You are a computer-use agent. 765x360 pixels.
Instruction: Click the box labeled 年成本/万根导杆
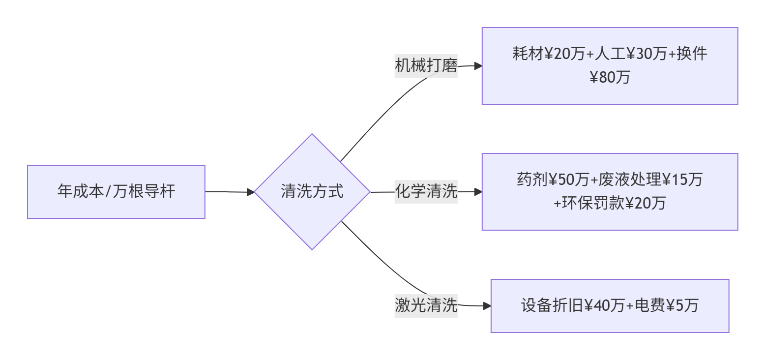point(116,191)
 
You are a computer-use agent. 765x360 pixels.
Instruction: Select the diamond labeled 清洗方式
point(312,191)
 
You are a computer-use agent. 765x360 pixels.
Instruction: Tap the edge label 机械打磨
point(426,65)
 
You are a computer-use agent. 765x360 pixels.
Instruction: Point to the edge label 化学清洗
point(426,191)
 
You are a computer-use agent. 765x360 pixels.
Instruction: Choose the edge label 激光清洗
point(426,305)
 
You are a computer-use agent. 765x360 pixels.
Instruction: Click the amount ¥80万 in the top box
point(610,77)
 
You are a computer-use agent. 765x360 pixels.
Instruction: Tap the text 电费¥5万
point(666,305)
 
